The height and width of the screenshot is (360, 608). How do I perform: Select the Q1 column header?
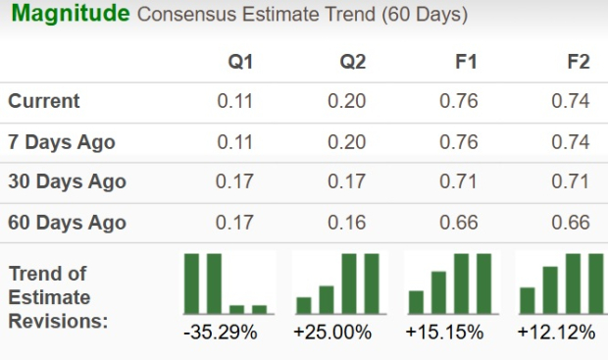(240, 62)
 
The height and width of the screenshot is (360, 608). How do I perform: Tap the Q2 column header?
(353, 62)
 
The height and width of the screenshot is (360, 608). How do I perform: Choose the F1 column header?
(466, 62)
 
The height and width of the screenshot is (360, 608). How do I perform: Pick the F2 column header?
(579, 62)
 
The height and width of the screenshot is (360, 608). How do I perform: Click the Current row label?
(44, 101)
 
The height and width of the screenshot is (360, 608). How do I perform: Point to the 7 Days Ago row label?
(62, 142)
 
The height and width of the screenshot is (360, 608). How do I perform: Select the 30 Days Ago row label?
(67, 181)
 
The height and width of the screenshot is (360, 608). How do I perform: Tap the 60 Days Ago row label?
(67, 223)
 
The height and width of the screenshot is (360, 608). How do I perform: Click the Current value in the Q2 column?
(347, 101)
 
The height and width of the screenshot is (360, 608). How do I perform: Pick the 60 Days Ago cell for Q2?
(347, 223)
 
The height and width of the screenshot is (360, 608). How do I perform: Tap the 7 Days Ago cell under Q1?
(235, 142)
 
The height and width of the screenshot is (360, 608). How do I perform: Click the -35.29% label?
(221, 333)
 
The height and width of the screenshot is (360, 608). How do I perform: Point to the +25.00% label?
(332, 333)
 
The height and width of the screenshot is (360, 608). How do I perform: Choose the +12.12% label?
(556, 333)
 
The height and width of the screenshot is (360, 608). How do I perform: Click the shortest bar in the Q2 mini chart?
(304, 305)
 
